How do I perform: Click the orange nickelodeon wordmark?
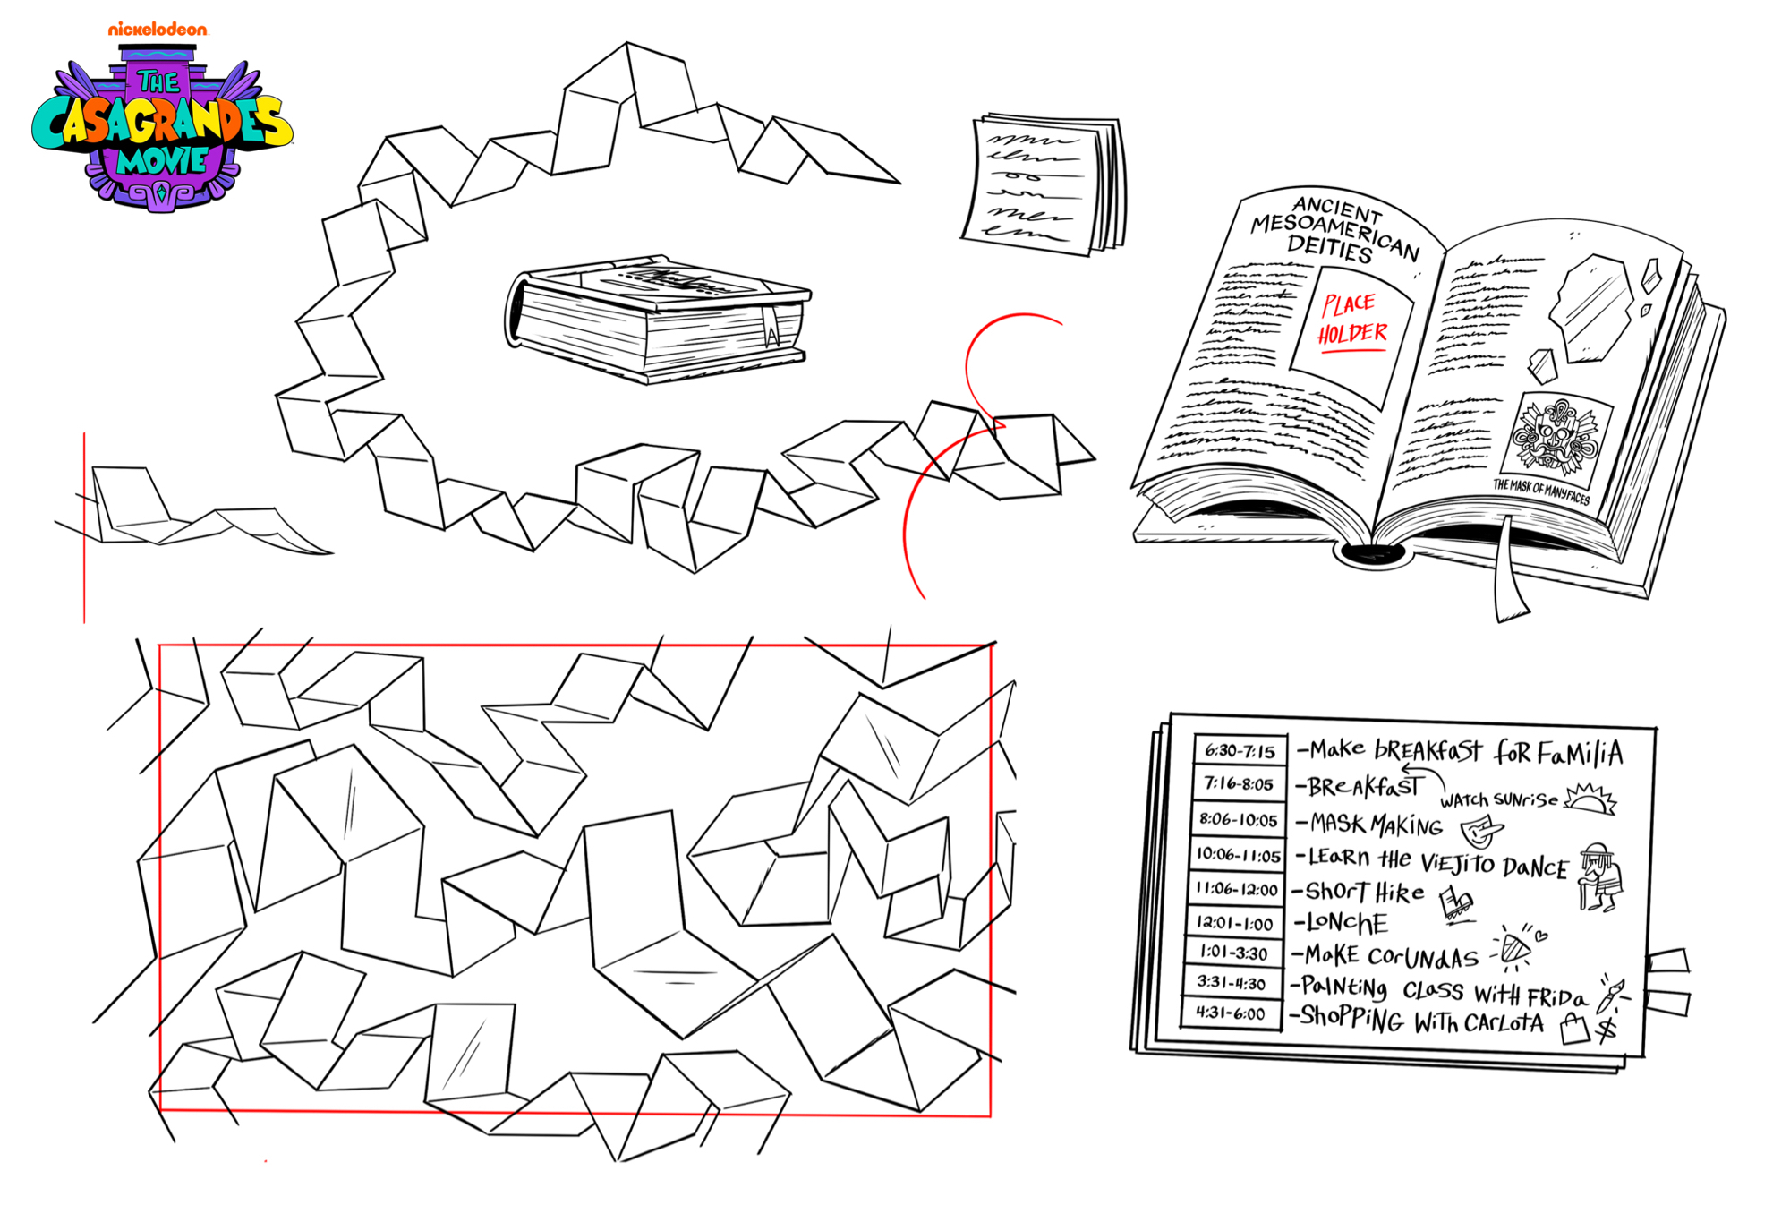pos(158,30)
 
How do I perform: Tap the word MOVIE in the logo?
pos(162,161)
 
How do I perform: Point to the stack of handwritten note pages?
pos(1044,184)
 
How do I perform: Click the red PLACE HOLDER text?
pos(1351,318)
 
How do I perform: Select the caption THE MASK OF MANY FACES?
pos(1541,491)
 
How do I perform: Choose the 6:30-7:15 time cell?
pos(1240,750)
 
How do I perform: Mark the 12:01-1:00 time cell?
pos(1235,922)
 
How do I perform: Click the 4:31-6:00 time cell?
pos(1231,1013)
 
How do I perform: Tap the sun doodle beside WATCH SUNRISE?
pos(1590,798)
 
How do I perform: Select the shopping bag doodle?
pos(1573,1030)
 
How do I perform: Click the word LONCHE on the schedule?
pos(1347,922)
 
